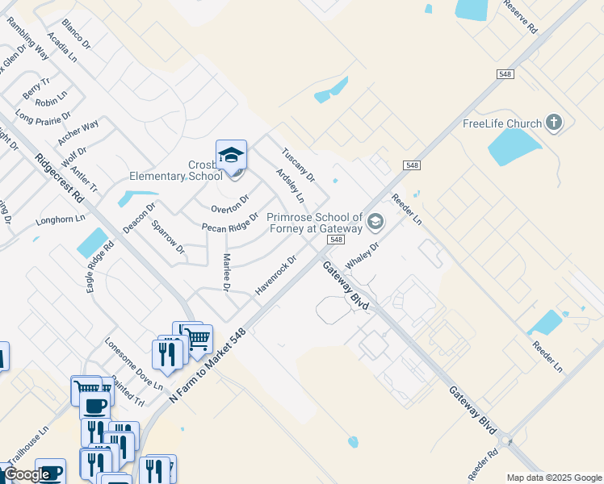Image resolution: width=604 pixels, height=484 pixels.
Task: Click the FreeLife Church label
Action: point(501,123)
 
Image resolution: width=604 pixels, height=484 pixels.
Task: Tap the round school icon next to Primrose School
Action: point(375,221)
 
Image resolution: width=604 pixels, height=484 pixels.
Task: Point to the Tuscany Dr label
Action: point(297,165)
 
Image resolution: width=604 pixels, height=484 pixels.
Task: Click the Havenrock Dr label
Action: point(276,276)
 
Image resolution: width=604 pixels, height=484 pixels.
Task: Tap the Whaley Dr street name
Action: point(362,257)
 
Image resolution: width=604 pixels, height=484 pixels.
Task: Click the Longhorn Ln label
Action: point(61,219)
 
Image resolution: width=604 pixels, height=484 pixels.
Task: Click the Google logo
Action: point(26,475)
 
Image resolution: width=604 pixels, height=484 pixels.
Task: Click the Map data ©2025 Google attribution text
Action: point(554,478)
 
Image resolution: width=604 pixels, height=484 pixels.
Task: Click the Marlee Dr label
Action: point(226,273)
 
